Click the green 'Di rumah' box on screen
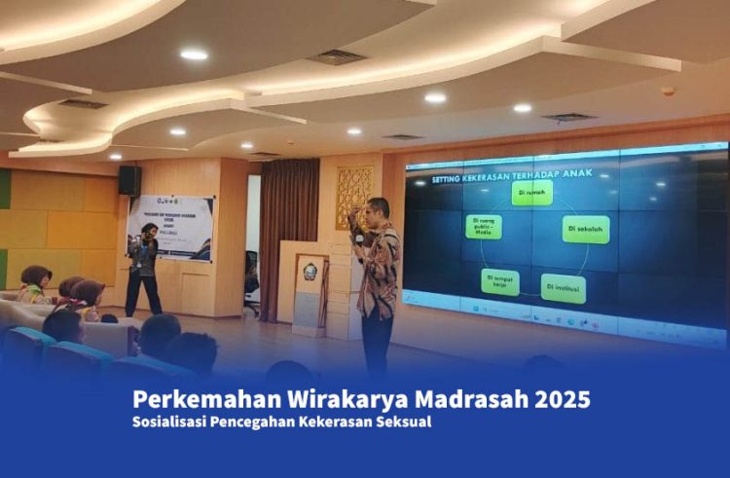(532, 192)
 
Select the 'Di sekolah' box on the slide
(586, 229)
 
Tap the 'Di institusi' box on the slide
(564, 288)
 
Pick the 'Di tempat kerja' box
(500, 282)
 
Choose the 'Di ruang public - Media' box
(484, 227)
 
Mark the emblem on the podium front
(310, 272)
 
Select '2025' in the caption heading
(562, 399)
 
